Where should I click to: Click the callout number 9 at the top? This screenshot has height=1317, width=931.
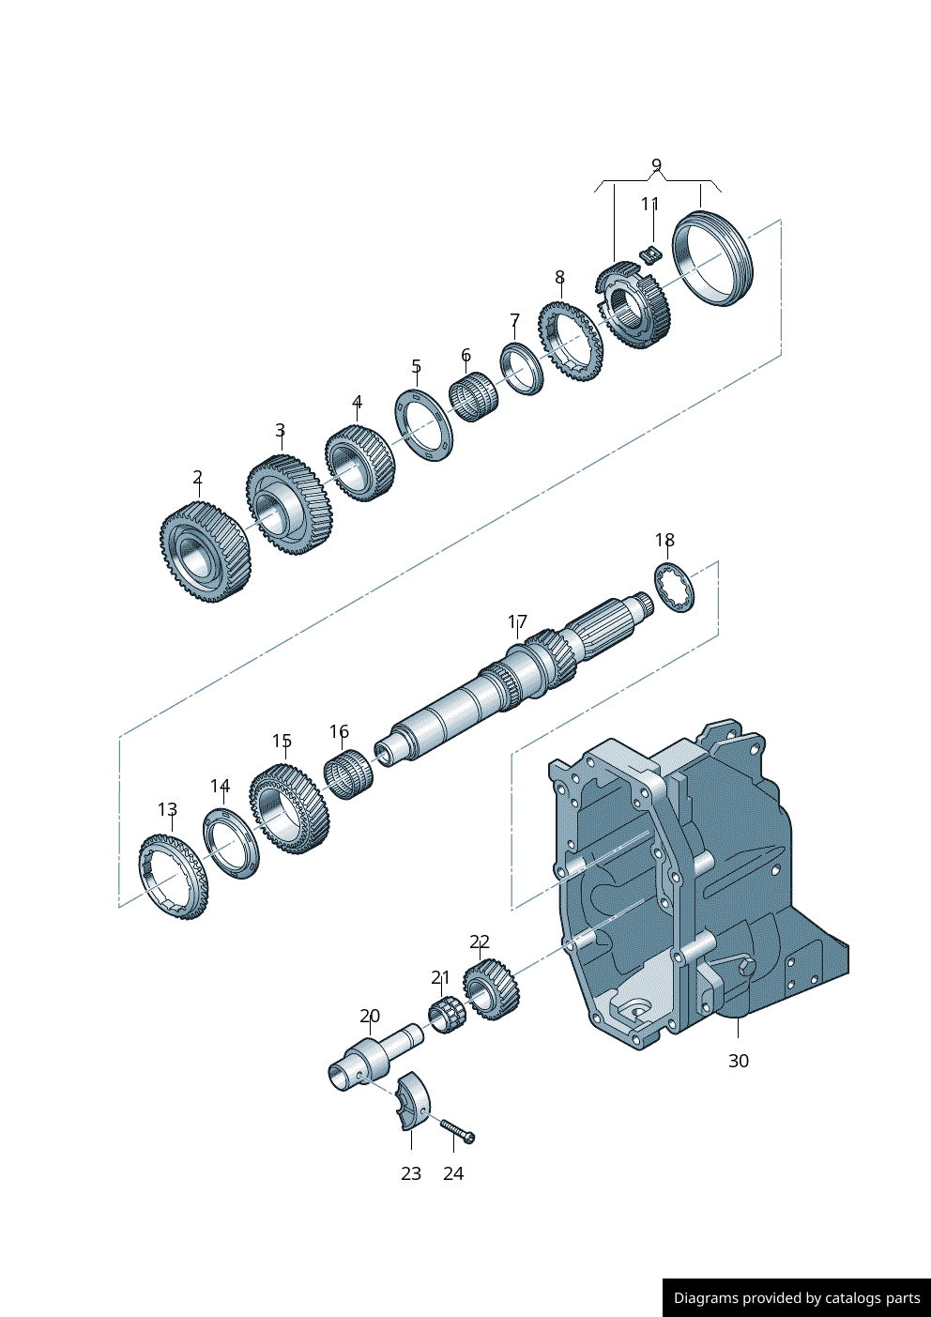click(x=656, y=165)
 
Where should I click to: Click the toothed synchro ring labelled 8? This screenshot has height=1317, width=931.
click(x=570, y=341)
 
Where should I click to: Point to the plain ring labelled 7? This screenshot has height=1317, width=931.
click(x=522, y=369)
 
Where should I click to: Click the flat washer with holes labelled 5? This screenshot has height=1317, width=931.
click(x=423, y=425)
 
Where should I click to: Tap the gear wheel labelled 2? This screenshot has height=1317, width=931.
click(x=205, y=552)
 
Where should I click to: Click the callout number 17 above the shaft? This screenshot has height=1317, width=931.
click(x=517, y=621)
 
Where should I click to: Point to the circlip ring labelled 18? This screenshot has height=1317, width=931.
click(x=676, y=588)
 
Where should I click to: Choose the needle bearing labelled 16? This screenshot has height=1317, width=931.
click(x=348, y=775)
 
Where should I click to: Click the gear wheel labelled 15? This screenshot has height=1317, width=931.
click(x=289, y=808)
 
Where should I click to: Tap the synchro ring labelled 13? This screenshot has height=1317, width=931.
click(x=174, y=876)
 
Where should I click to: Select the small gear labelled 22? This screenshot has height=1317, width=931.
click(x=490, y=990)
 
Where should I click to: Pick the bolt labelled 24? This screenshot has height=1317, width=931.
click(x=458, y=1130)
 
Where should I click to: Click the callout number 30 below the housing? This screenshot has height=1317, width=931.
click(x=739, y=1061)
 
